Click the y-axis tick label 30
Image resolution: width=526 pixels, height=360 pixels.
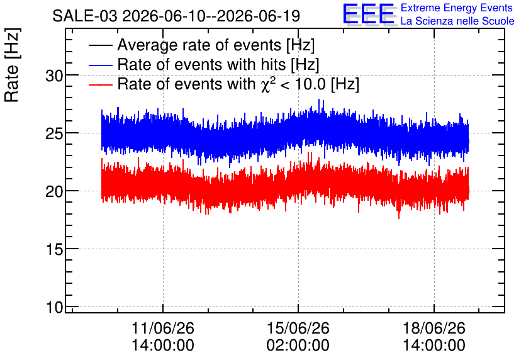point(54,76)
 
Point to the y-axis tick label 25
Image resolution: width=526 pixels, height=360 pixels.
point(54,134)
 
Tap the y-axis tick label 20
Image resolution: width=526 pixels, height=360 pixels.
point(54,192)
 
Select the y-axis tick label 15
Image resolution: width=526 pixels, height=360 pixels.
point(54,250)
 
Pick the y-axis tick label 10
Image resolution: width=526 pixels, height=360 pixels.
point(54,307)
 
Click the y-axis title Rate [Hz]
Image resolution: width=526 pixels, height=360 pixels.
point(13,65)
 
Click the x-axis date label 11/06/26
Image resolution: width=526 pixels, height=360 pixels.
point(163,328)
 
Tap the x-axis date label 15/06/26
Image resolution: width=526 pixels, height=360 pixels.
point(298,328)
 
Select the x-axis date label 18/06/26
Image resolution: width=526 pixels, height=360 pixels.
point(434,328)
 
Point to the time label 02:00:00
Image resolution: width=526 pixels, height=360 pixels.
point(298,346)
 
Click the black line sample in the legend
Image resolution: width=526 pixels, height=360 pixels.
point(100,45)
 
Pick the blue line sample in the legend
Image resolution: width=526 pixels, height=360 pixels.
point(100,65)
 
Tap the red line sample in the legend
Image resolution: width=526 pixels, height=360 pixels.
point(100,84)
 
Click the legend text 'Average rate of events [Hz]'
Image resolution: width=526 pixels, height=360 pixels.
point(216,45)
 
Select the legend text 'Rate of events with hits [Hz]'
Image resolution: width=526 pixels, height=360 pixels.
point(218,65)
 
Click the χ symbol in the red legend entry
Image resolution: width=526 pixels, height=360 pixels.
point(264,86)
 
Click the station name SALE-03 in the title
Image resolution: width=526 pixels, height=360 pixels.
point(85,16)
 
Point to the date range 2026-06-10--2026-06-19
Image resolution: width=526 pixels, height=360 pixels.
point(211,16)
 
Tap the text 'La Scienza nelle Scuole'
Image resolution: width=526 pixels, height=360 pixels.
point(457,21)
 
